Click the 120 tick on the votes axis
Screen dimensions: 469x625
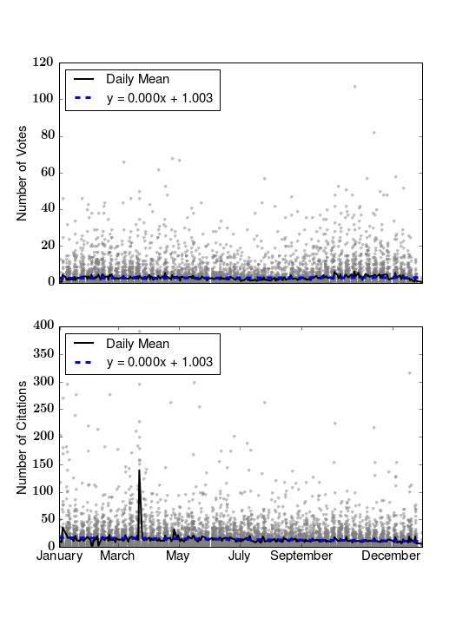(x=43, y=62)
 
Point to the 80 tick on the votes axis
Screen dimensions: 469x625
(x=47, y=135)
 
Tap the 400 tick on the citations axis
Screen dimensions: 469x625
(x=43, y=326)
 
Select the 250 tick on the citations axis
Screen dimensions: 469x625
(x=43, y=409)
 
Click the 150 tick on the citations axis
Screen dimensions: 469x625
(x=43, y=464)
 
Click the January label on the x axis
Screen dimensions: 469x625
(x=59, y=556)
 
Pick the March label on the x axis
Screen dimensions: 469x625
(x=117, y=556)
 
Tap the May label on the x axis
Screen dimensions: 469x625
(x=178, y=556)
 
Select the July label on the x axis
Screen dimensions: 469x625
(x=240, y=556)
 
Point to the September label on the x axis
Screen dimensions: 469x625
(x=301, y=556)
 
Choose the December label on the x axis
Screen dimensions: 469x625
(x=391, y=556)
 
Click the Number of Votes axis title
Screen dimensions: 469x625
(x=22, y=174)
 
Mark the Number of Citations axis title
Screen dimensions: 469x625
(x=22, y=437)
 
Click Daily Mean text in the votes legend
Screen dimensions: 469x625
(x=137, y=79)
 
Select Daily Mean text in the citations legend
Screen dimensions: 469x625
(x=137, y=344)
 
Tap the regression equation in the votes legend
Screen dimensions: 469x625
(x=160, y=98)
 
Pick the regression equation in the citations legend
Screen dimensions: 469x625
(x=160, y=362)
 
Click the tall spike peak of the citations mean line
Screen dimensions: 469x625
(x=139, y=470)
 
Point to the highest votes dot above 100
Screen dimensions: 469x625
(x=355, y=87)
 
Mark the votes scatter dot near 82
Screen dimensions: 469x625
(x=374, y=133)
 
